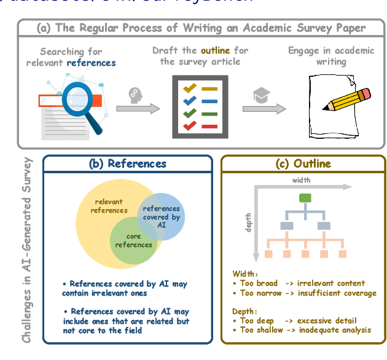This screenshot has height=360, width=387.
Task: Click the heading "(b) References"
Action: click(x=128, y=163)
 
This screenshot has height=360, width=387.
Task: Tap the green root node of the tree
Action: click(x=304, y=197)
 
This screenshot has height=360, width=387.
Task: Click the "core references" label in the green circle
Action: click(x=133, y=240)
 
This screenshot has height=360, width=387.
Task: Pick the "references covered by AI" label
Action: click(x=161, y=216)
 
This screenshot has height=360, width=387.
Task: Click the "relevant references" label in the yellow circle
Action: click(x=109, y=206)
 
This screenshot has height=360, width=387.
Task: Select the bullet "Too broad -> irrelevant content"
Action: click(x=299, y=284)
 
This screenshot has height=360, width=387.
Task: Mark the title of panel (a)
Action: click(x=201, y=28)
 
